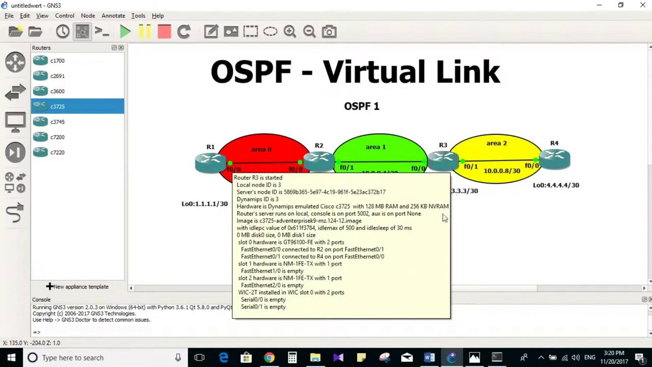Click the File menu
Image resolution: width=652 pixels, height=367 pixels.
point(9,16)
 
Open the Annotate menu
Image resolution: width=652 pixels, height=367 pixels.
point(113,16)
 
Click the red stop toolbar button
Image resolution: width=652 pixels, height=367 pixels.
point(164,32)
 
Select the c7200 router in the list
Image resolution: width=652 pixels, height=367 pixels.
point(57,137)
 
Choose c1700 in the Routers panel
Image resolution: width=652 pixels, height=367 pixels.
point(57,61)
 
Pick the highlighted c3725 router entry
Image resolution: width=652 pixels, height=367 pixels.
point(57,107)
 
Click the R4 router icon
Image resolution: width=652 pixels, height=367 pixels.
point(554,159)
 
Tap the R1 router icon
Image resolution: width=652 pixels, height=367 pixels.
point(210,162)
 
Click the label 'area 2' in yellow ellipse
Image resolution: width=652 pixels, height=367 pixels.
point(496,143)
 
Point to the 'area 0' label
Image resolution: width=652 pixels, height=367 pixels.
point(261,149)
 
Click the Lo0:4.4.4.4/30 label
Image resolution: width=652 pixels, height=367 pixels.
point(556,185)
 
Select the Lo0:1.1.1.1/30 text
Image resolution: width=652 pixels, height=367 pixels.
point(205,204)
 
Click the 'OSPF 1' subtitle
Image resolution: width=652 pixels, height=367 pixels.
point(362,106)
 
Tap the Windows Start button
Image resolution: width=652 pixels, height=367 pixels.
point(11,358)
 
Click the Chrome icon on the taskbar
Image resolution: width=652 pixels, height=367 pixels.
point(269,358)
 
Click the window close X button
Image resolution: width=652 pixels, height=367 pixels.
point(642,5)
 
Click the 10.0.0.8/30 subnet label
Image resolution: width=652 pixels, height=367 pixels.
point(502,171)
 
